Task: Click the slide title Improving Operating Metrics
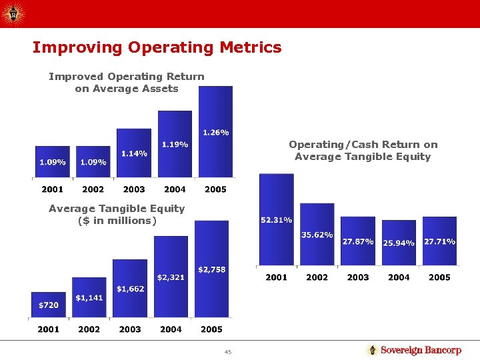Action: pyautogui.click(x=157, y=47)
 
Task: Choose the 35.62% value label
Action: pyautogui.click(x=317, y=235)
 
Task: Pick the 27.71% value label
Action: pyautogui.click(x=439, y=241)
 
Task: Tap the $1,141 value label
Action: pyautogui.click(x=89, y=297)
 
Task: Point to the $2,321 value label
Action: pyautogui.click(x=171, y=277)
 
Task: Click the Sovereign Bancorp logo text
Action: pyautogui.click(x=421, y=350)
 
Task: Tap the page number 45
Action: pyautogui.click(x=228, y=352)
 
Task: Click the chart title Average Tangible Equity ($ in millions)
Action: pyautogui.click(x=117, y=215)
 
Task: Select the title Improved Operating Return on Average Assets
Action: pyautogui.click(x=127, y=83)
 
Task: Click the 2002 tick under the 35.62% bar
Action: pyautogui.click(x=317, y=277)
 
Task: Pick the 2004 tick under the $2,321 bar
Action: pyautogui.click(x=171, y=329)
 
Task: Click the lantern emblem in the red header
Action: pyautogui.click(x=13, y=13)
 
